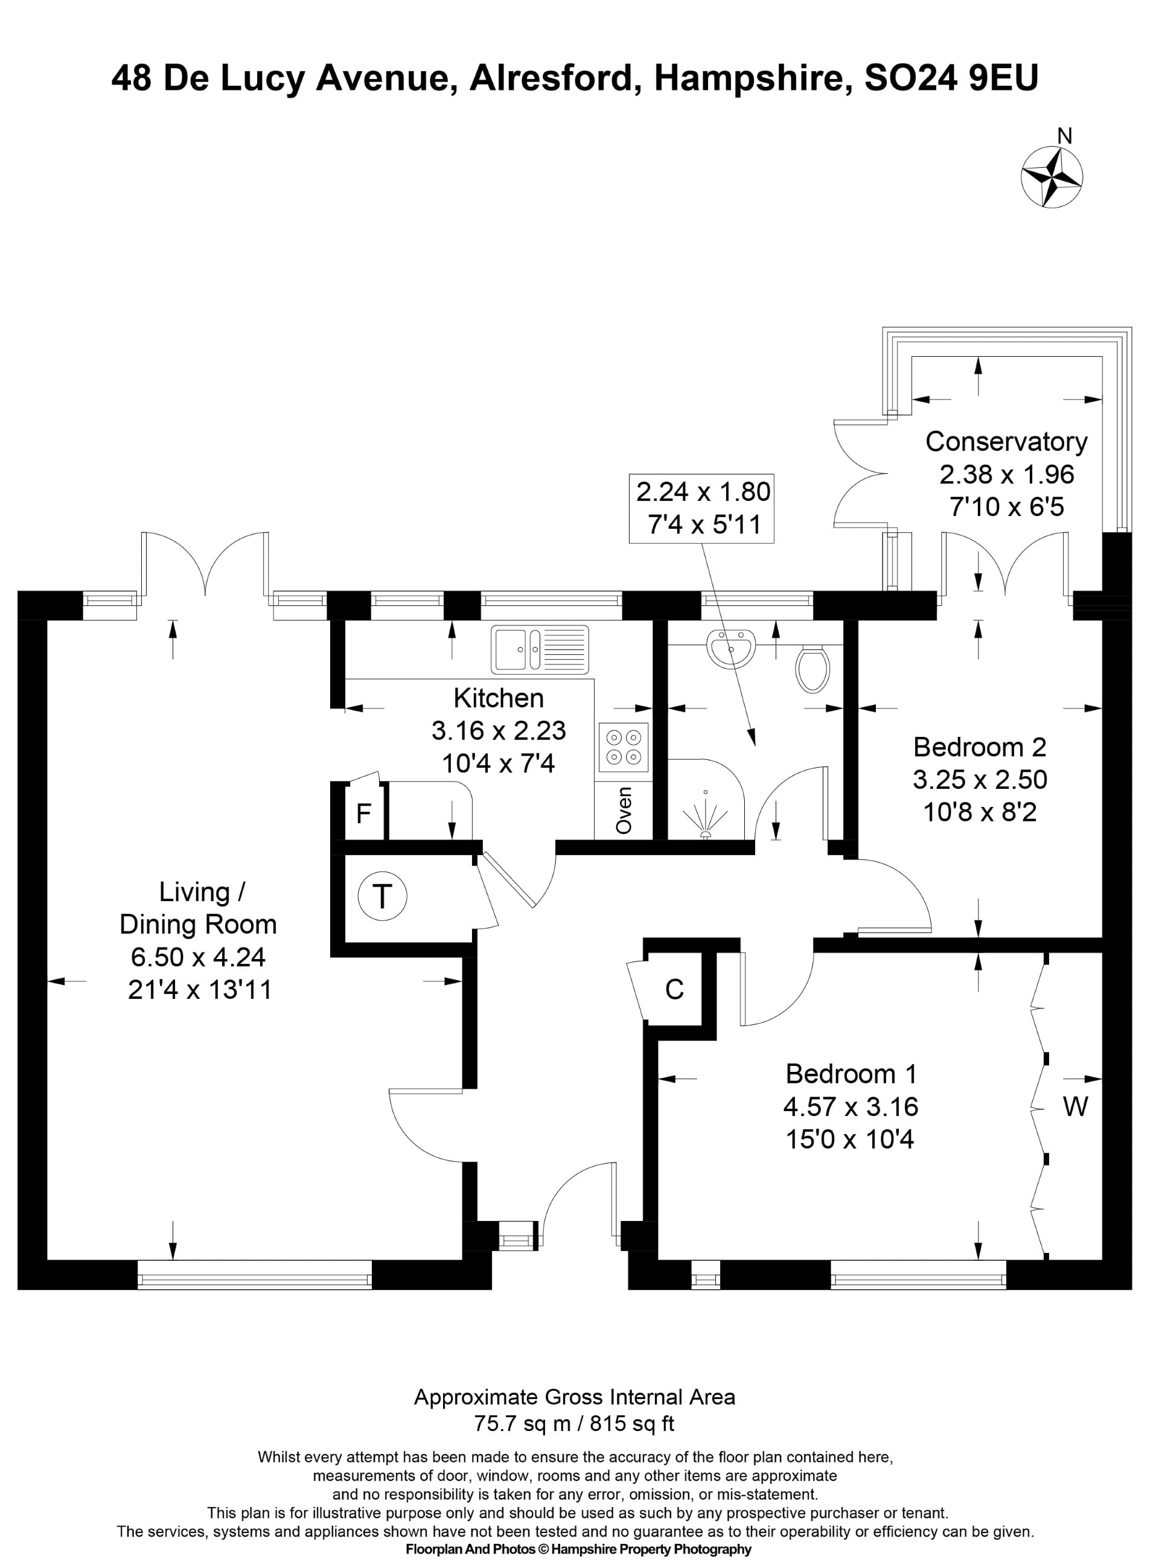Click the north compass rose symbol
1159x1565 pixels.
click(1051, 178)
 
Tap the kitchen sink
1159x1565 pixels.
click(540, 649)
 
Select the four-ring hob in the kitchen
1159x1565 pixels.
click(624, 747)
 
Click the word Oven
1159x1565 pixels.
click(624, 810)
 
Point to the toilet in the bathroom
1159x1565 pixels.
click(813, 669)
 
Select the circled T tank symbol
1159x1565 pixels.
click(382, 896)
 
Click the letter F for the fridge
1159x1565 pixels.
click(363, 814)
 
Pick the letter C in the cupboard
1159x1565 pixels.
click(674, 989)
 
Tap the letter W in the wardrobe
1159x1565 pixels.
click(1076, 1106)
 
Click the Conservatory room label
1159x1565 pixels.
click(1006, 442)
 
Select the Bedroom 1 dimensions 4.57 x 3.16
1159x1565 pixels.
click(851, 1107)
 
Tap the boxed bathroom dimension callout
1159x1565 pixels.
click(701, 508)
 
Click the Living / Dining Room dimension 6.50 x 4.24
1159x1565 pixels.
click(199, 957)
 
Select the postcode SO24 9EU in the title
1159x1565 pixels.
click(951, 78)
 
